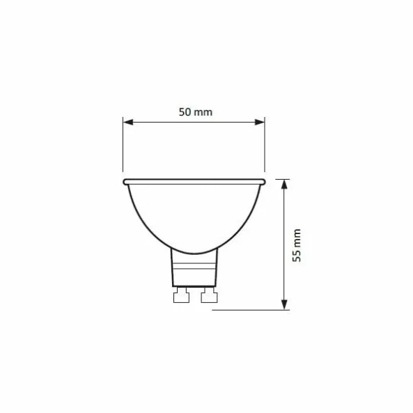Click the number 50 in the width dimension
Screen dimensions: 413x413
pos(185,111)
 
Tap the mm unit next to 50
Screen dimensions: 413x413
pos(203,111)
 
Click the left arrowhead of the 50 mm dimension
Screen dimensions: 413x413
pos(127,122)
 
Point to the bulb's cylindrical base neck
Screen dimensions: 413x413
pos(194,270)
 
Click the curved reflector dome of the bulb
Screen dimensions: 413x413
pos(194,216)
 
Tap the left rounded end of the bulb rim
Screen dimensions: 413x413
pos(126,182)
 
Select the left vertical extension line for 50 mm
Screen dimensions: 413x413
pos(123,146)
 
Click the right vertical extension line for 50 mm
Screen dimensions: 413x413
pos(265,146)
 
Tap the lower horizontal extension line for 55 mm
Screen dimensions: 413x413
pos(251,310)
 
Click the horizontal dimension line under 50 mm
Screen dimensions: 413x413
pos(194,122)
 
